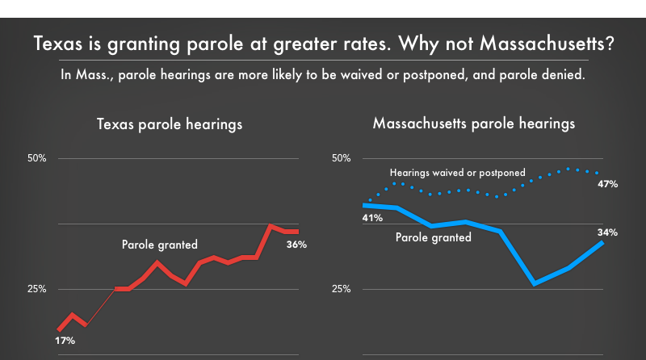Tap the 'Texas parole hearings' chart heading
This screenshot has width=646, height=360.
click(x=170, y=125)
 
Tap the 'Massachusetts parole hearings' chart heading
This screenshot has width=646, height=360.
click(x=474, y=124)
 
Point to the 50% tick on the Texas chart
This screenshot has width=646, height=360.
click(x=37, y=158)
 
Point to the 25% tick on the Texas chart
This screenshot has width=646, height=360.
click(x=37, y=289)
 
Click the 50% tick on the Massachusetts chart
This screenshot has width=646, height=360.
click(x=342, y=158)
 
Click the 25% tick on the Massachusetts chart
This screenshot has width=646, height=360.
click(x=342, y=289)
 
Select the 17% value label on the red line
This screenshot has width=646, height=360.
click(x=65, y=341)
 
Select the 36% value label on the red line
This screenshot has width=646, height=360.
click(x=297, y=245)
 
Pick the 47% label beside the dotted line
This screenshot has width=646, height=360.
click(x=608, y=184)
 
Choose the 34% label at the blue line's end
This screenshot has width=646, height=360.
click(x=608, y=232)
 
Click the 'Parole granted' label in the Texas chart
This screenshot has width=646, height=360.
click(x=160, y=245)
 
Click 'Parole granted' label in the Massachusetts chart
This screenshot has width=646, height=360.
click(x=433, y=237)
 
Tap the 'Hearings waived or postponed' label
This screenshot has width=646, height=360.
click(x=458, y=173)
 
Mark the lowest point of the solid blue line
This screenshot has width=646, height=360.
click(x=535, y=283)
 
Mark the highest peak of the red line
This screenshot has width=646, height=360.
click(x=271, y=226)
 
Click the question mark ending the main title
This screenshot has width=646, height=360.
click(x=607, y=44)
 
